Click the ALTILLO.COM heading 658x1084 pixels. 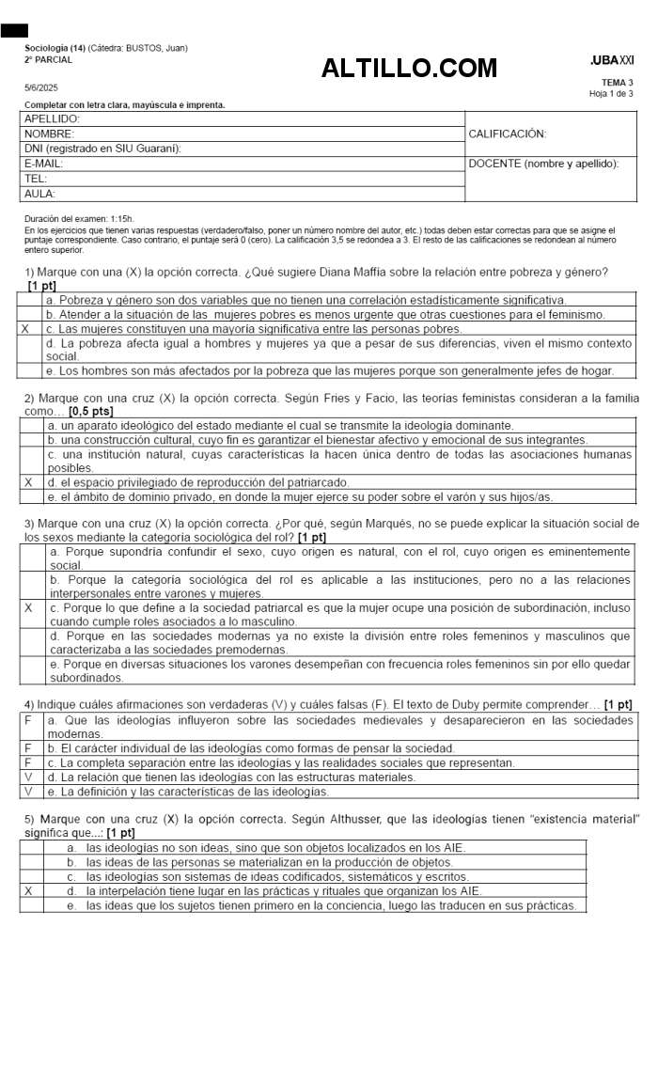tap(409, 68)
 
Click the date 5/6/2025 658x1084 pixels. tap(41, 87)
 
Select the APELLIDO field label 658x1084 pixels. tap(52, 119)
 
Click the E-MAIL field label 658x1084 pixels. tap(43, 164)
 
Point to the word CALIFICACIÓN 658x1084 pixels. tap(507, 134)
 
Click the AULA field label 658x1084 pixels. tap(39, 194)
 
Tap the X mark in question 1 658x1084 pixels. tap(24, 329)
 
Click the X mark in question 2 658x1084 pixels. tap(28, 482)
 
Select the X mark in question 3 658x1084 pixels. tap(28, 608)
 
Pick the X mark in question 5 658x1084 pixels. tap(28, 890)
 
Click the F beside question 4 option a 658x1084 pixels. tap(28, 720)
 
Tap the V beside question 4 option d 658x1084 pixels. tap(28, 778)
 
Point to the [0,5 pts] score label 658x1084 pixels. tap(91, 412)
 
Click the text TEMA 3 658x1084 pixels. tap(618, 83)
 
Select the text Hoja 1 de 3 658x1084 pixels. tap(611, 94)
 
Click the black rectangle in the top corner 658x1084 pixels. tap(14, 31)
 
